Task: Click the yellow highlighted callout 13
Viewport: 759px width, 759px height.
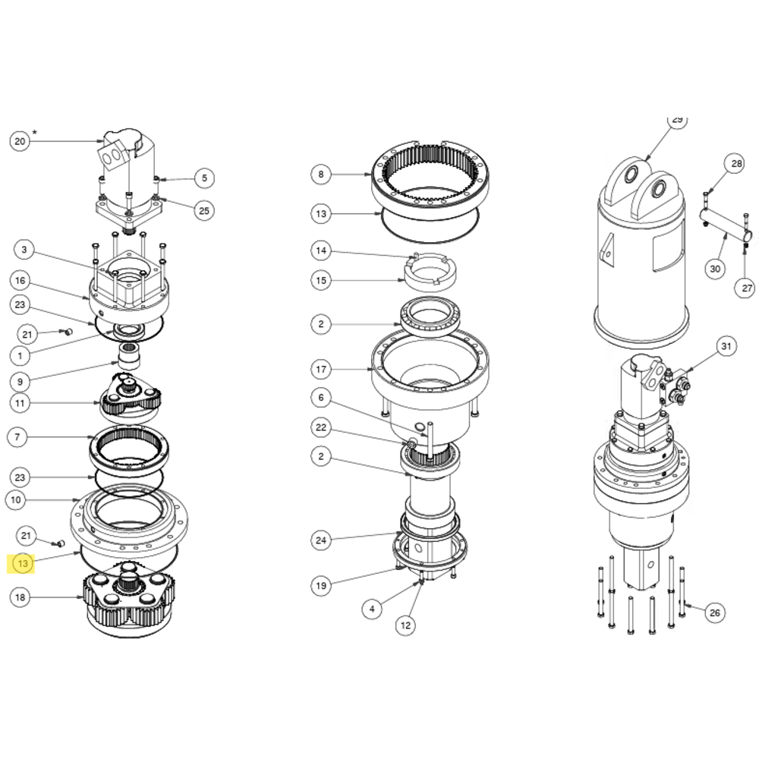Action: pyautogui.click(x=23, y=563)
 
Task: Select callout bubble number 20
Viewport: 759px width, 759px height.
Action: pyautogui.click(x=20, y=141)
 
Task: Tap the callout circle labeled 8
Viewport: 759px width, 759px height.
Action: pyautogui.click(x=321, y=175)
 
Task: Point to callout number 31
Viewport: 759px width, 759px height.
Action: pyautogui.click(x=727, y=347)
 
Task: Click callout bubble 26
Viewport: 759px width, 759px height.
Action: pyautogui.click(x=713, y=613)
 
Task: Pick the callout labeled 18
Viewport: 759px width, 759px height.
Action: pyautogui.click(x=20, y=597)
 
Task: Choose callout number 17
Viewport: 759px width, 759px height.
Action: pyautogui.click(x=321, y=370)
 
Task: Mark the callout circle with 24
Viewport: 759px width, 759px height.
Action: pyautogui.click(x=321, y=540)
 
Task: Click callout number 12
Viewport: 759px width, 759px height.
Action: pyautogui.click(x=405, y=625)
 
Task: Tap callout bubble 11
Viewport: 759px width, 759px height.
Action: pyautogui.click(x=20, y=402)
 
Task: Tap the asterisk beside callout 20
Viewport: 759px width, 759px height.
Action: pyautogui.click(x=34, y=133)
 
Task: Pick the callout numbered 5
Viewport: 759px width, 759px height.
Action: pyautogui.click(x=203, y=179)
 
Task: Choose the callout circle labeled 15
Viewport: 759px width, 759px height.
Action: pyautogui.click(x=321, y=280)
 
